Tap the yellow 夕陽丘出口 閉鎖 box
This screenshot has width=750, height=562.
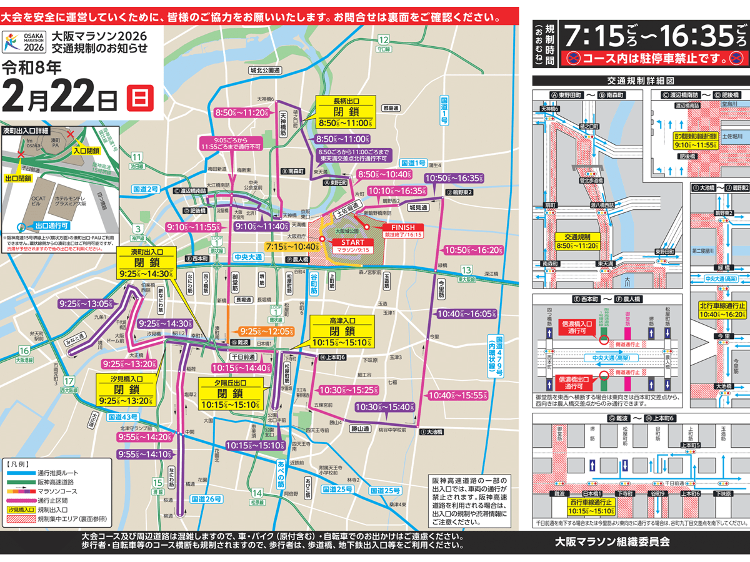click(230, 393)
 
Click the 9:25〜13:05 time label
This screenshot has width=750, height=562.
click(86, 303)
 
